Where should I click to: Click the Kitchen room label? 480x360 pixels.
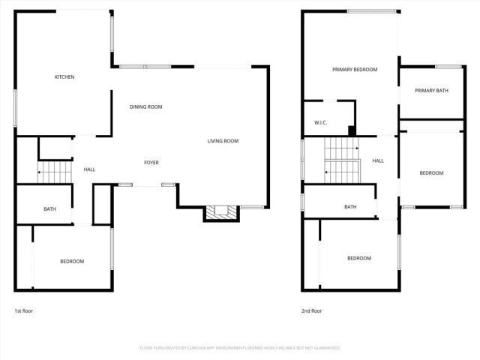point(64,77)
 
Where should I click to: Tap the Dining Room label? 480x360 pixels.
point(145,107)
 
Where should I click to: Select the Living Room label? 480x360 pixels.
point(223,141)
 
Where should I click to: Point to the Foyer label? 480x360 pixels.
point(151,163)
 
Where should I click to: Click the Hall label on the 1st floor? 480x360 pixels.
point(89,169)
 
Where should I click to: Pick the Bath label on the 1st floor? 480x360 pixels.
point(49,209)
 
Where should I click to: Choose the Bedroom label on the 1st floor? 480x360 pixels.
point(72,261)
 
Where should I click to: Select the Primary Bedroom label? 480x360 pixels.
point(355,70)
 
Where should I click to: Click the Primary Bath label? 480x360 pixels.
point(431,91)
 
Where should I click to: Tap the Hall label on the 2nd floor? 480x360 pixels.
point(378,160)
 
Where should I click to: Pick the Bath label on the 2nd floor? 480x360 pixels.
point(350,207)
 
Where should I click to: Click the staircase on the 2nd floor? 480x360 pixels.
point(342,165)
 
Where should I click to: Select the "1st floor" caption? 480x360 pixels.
point(23,310)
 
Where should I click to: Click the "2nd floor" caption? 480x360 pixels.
point(311,310)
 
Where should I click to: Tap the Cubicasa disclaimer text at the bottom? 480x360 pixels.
point(240,348)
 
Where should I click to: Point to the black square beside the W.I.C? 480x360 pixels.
point(352,130)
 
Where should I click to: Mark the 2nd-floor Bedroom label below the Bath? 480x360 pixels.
point(359,258)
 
